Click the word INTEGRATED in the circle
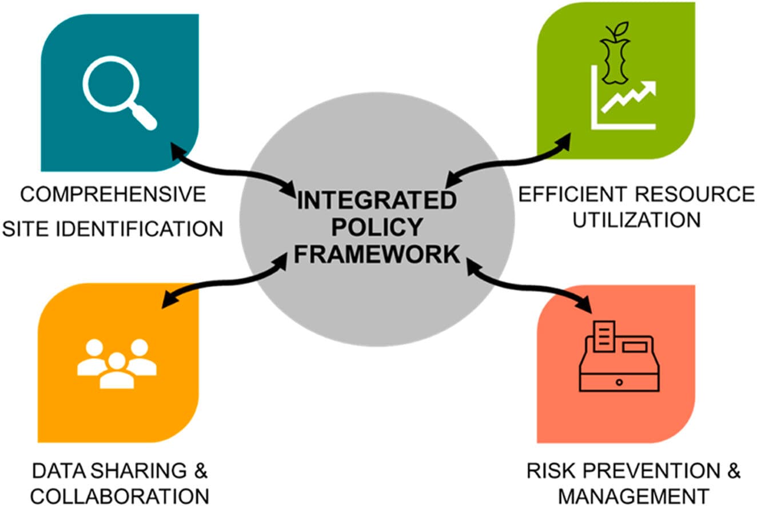pos(377,202)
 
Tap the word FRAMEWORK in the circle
pos(377,255)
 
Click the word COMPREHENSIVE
pos(113,195)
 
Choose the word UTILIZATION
pos(636,219)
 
